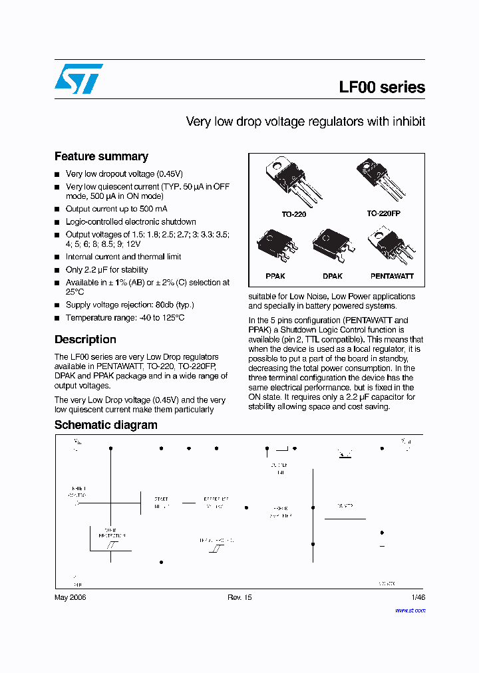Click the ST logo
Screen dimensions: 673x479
79,79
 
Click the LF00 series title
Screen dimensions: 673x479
382,87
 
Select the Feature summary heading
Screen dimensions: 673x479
101,156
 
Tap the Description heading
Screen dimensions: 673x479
85,339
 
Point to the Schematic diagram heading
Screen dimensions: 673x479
106,425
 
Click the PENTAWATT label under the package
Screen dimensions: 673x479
392,276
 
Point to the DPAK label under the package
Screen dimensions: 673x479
333,276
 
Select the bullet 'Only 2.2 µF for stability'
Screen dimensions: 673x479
106,270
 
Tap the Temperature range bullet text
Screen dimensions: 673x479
125,318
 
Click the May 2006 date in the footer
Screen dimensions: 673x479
70,597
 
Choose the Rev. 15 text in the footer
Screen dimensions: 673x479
239,597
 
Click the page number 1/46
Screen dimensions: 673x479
418,597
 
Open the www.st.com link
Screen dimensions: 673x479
410,610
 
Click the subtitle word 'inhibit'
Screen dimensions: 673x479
408,122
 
